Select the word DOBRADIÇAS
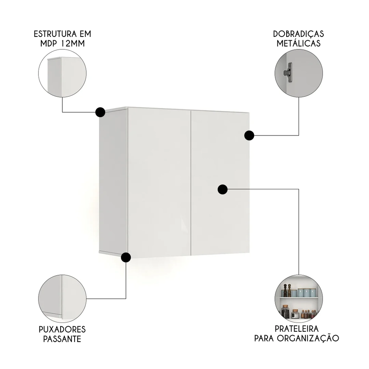299,34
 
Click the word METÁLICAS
299,44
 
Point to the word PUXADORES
62,329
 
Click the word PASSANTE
62,339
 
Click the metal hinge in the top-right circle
288,72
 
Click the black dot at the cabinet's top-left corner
100,112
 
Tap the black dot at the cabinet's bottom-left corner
126,257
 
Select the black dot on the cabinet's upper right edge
249,135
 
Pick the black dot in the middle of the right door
222,189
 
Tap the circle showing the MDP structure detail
62,73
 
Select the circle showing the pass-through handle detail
62,299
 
